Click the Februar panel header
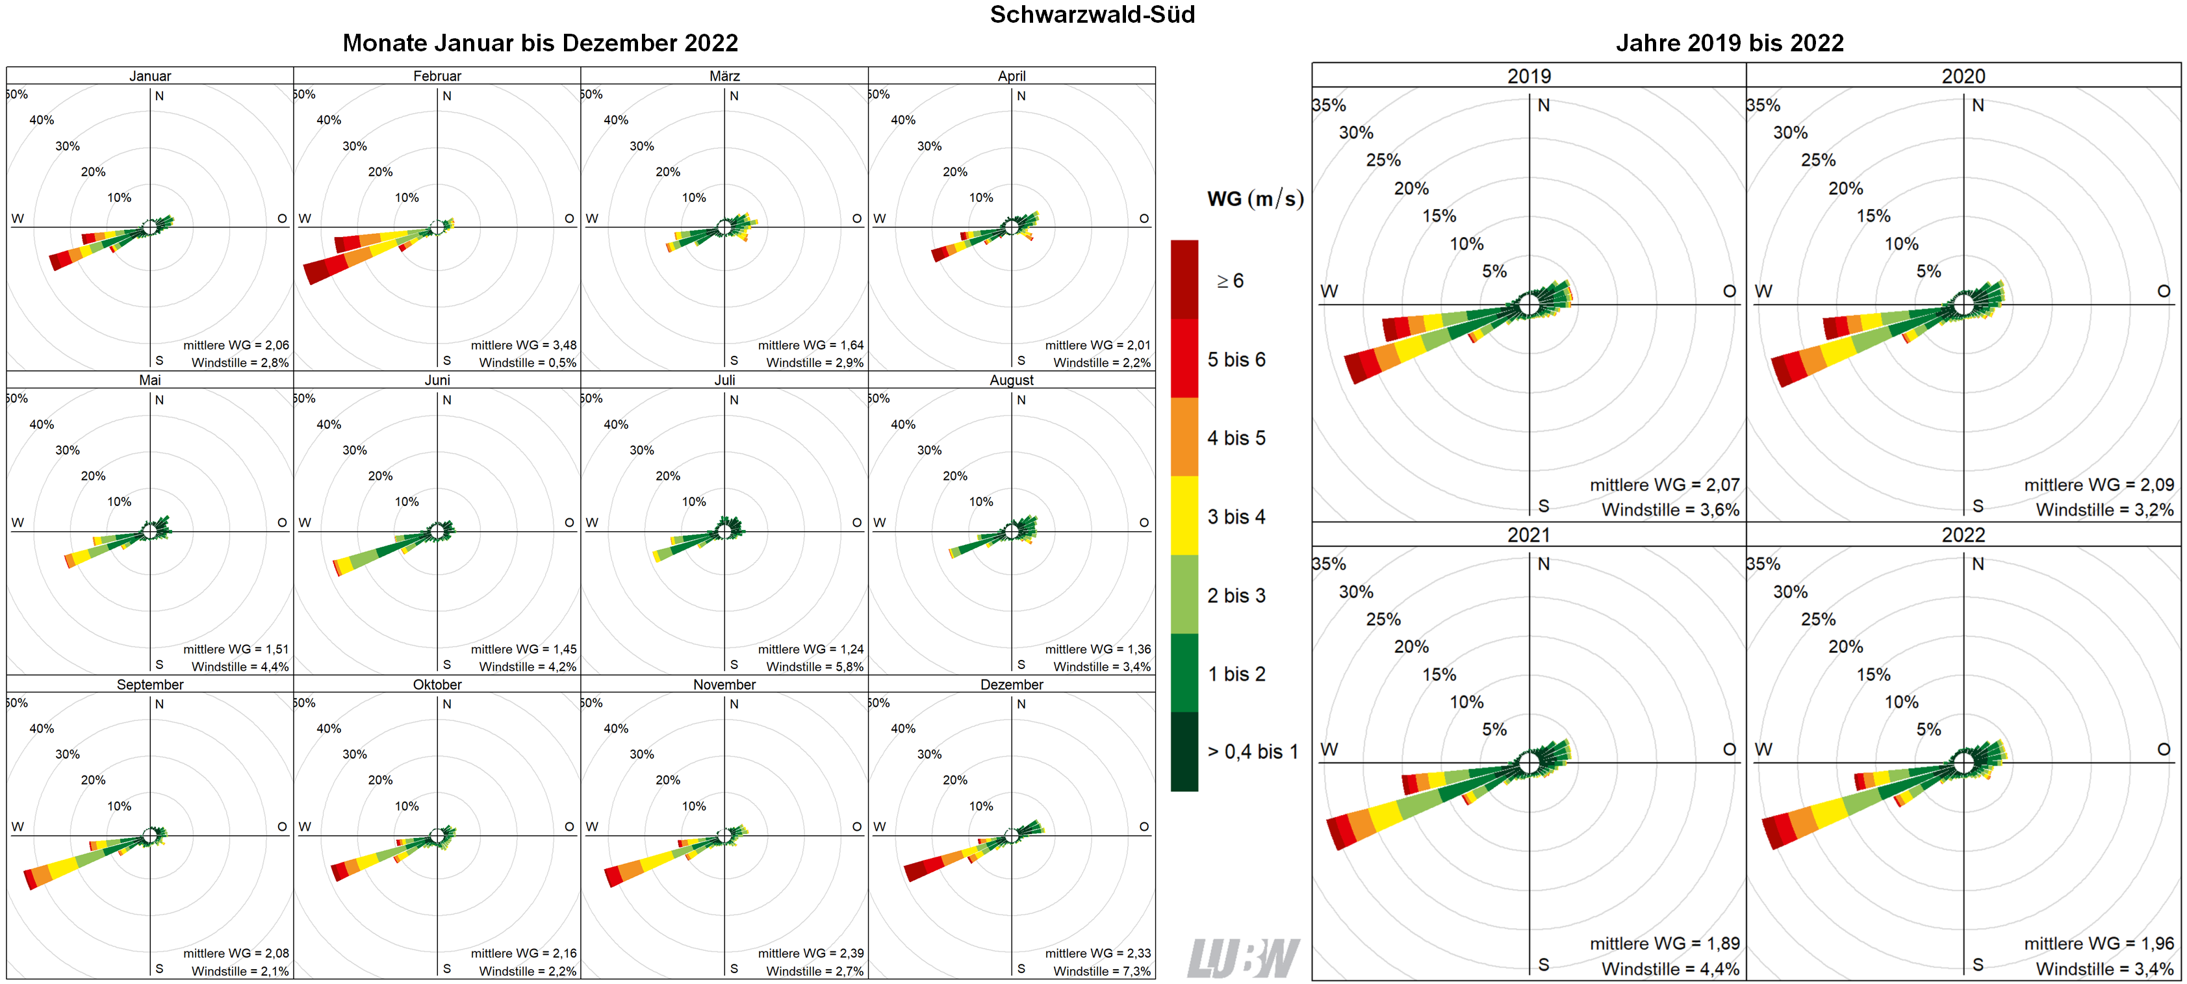point(437,75)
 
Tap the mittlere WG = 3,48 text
point(523,345)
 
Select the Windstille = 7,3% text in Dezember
point(1101,970)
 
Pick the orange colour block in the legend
point(1184,436)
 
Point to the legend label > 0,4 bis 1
point(1252,751)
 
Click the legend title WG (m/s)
point(1254,199)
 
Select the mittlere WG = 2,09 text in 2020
point(2098,485)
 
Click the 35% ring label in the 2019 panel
point(1329,105)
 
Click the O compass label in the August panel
point(1144,522)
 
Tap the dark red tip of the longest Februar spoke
point(315,273)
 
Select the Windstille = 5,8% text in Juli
point(814,666)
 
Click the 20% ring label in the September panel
point(94,779)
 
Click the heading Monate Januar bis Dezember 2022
point(540,42)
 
